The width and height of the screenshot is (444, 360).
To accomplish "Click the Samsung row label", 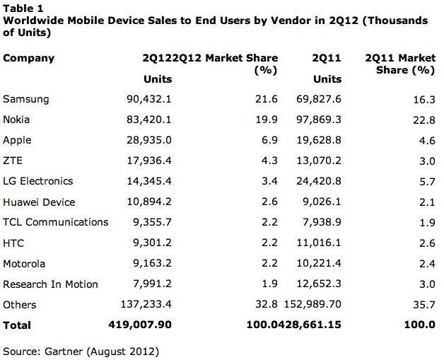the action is (x=25, y=99).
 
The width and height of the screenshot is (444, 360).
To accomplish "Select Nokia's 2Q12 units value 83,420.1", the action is (x=149, y=120).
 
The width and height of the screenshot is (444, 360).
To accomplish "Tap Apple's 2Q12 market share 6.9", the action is (x=269, y=140).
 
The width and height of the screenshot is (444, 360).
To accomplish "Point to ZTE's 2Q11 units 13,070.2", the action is (x=319, y=161).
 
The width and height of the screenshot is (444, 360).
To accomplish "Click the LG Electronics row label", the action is (x=38, y=181).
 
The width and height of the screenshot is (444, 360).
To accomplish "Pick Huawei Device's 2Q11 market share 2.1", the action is (x=427, y=202).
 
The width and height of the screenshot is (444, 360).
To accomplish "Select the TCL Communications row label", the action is (x=55, y=222).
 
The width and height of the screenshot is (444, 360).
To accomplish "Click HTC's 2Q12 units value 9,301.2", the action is (x=152, y=243).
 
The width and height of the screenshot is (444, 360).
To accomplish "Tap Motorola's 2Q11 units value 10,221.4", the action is (x=319, y=263).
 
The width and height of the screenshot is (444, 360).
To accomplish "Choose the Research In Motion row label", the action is (x=50, y=284).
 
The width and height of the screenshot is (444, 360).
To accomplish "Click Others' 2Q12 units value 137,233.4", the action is (x=146, y=304).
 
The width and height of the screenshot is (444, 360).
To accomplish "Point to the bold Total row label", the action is (x=17, y=325).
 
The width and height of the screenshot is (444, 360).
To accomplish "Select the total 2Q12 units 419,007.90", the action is (x=140, y=325).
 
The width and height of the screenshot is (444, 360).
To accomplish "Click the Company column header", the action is (x=28, y=58).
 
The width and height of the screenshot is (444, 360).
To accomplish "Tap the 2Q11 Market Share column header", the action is (x=400, y=64).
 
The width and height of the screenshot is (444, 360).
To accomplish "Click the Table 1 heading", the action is (x=23, y=8).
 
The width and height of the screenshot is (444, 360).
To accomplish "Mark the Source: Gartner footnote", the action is (x=81, y=352).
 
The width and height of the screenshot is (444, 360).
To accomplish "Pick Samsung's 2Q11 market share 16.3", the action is (x=424, y=100).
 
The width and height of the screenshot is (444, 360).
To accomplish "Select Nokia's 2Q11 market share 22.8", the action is (x=424, y=120).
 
